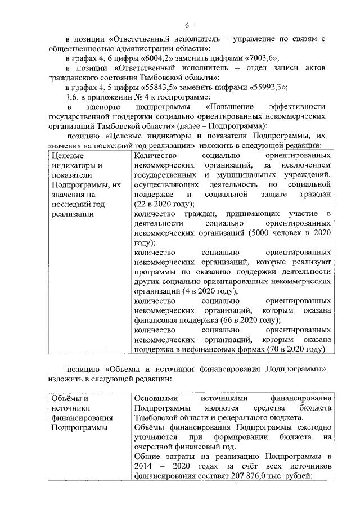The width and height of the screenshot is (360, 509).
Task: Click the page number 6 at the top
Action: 187,24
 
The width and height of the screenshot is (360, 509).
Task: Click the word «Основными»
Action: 154,398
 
